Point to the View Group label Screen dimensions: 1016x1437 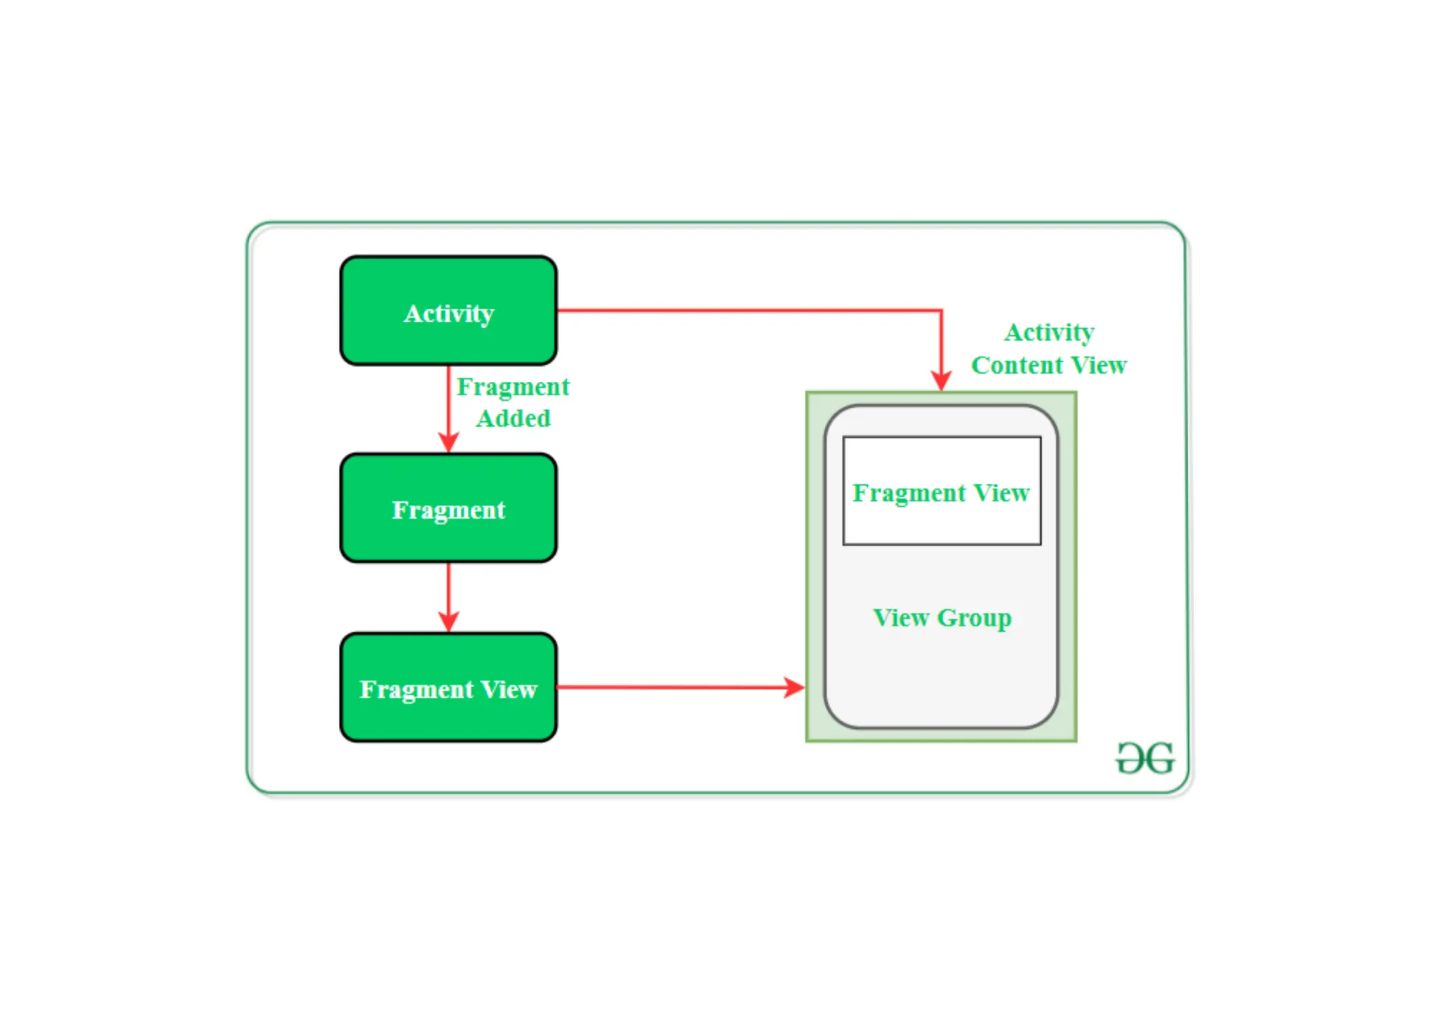(x=942, y=617)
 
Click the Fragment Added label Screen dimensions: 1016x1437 (x=513, y=402)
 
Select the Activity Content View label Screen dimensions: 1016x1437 (x=1048, y=348)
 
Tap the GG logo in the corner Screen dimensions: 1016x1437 (x=1145, y=758)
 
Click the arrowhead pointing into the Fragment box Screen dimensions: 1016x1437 (x=448, y=443)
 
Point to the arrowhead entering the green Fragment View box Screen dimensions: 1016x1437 (x=448, y=622)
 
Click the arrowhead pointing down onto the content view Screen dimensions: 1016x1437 (x=941, y=381)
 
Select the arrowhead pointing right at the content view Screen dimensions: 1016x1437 (x=794, y=687)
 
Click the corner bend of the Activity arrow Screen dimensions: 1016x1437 (x=941, y=310)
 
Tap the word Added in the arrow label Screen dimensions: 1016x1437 (x=513, y=418)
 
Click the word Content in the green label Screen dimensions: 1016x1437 (x=1017, y=365)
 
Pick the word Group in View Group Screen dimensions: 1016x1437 (x=975, y=618)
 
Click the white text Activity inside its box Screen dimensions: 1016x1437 (x=448, y=313)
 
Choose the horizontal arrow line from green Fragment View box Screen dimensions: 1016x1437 (x=667, y=687)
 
